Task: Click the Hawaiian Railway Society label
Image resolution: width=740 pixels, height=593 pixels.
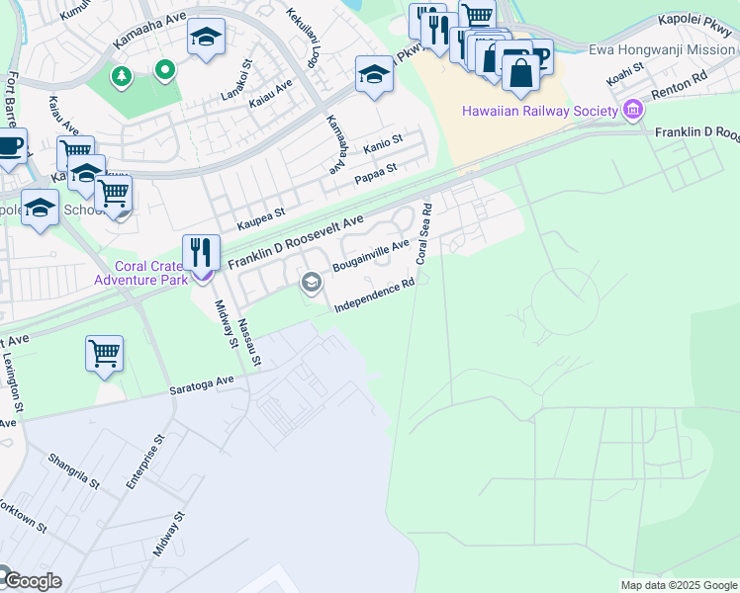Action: click(540, 111)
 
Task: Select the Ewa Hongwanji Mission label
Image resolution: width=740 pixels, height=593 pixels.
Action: click(662, 49)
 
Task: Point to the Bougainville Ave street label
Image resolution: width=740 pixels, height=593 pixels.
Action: click(371, 256)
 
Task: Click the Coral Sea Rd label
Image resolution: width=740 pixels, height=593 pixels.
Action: click(423, 234)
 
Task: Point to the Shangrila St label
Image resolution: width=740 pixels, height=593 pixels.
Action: click(74, 469)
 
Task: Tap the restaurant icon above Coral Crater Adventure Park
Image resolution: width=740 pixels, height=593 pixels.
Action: click(202, 252)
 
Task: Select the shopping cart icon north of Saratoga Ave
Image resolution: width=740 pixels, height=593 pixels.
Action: click(104, 353)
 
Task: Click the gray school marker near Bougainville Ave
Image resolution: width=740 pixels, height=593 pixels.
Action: click(311, 285)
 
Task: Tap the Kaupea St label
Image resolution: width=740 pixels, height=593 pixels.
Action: click(259, 213)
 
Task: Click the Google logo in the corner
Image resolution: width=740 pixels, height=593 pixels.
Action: click(32, 580)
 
